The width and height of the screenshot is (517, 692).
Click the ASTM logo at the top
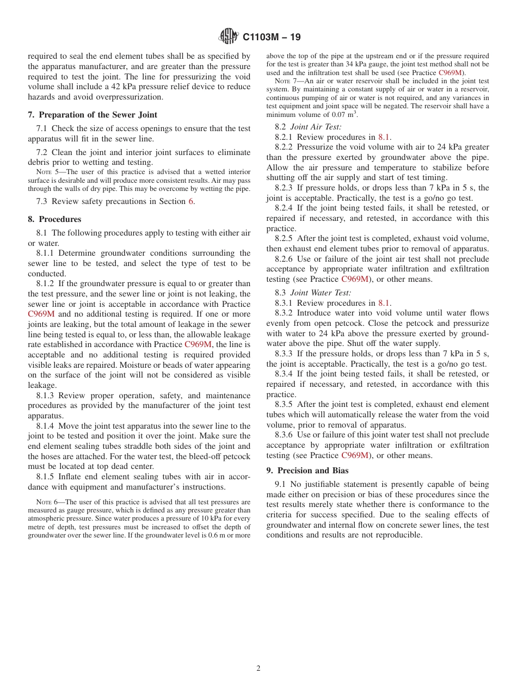pyautogui.click(x=228, y=36)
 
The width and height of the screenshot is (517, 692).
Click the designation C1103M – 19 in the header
pyautogui.click(x=271, y=37)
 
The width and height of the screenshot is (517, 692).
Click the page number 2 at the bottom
pyautogui.click(x=258, y=669)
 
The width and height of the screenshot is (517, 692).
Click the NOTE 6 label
pyautogui.click(x=46, y=502)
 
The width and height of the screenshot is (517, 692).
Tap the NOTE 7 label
pyautogui.click(x=286, y=81)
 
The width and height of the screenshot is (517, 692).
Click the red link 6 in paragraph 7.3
pyautogui.click(x=190, y=201)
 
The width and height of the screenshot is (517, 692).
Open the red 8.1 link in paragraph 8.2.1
pyautogui.click(x=384, y=137)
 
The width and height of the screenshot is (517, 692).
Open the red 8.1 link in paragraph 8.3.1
pyautogui.click(x=384, y=303)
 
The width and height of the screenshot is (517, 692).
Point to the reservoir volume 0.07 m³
pyautogui.click(x=344, y=115)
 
